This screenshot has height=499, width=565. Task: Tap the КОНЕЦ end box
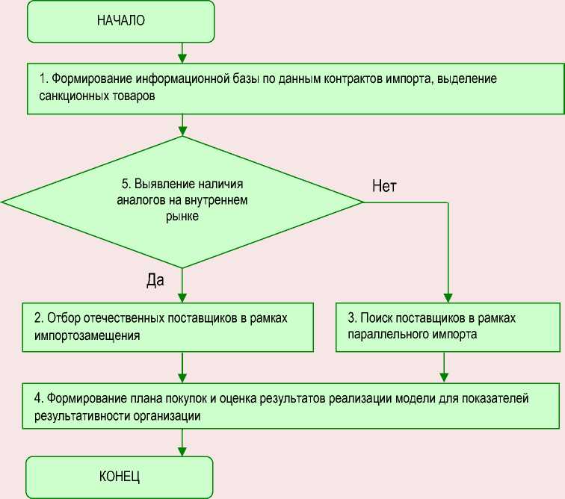pos(120,476)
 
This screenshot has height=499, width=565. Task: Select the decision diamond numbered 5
pos(182,202)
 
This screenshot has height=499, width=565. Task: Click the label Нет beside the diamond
pos(384,186)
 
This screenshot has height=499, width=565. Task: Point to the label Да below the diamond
pos(154,279)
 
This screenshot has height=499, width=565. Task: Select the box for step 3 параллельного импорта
pos(445,326)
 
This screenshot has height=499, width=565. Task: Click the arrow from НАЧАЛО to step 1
pos(182,52)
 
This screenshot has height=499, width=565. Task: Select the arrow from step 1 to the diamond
pos(182,125)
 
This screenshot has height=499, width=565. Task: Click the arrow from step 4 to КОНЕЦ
pos(182,442)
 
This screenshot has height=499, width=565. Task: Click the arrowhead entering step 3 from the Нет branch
pos(448,297)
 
